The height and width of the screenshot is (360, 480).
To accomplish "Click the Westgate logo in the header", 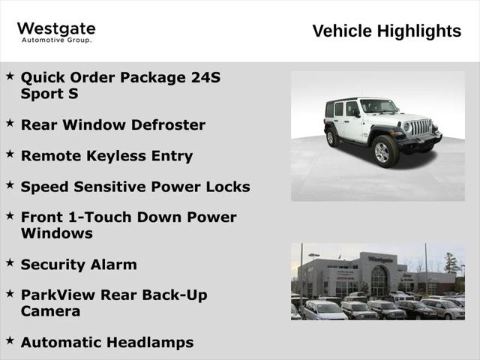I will [56, 29].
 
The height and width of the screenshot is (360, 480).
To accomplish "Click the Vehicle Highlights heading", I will [386, 31].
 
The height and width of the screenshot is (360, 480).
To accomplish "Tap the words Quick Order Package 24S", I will [121, 77].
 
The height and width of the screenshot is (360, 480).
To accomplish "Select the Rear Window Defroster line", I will [112, 124].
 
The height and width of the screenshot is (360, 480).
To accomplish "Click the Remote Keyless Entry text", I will [106, 156].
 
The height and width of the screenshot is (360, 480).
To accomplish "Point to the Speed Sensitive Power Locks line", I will [135, 187].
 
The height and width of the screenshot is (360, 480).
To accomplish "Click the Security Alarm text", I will [79, 264].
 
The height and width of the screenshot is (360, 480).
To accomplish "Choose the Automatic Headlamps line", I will [106, 342].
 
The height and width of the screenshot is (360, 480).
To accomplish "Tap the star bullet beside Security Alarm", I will [10, 262].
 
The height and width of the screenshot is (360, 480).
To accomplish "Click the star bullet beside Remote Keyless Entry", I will [10, 154].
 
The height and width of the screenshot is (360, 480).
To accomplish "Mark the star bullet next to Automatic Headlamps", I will [10, 340].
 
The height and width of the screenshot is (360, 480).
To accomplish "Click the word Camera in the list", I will [50, 311].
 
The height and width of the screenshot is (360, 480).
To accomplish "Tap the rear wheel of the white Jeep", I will [331, 138].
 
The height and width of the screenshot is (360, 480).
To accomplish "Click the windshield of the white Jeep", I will [378, 106].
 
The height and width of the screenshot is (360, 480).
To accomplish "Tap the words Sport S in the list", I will [49, 94].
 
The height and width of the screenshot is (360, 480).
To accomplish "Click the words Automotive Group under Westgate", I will [56, 40].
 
